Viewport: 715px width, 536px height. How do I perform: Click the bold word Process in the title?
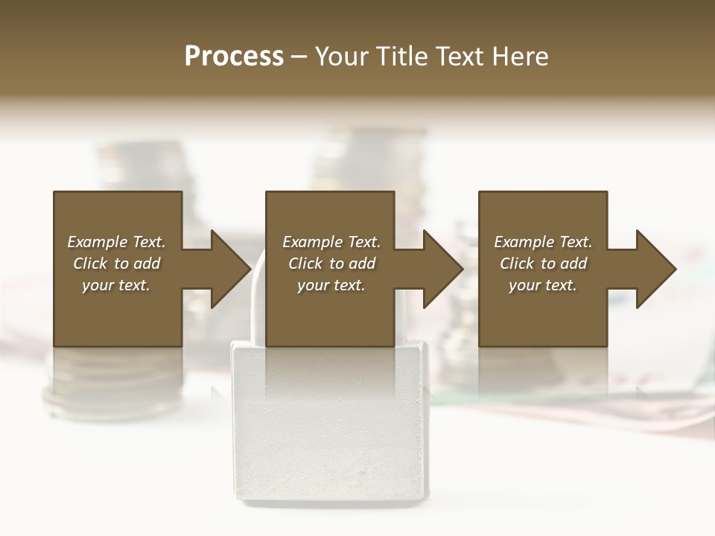(x=234, y=57)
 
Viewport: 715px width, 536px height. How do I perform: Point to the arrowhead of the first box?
(x=231, y=269)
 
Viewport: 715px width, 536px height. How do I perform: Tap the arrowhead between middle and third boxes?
(x=443, y=269)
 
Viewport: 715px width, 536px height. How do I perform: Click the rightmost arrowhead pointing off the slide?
(x=656, y=269)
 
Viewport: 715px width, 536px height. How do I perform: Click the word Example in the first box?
(x=97, y=242)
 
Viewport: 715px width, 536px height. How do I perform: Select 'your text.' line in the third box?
(x=542, y=285)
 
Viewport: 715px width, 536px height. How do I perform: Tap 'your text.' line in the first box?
(x=115, y=285)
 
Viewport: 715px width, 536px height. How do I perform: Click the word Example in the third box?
(x=524, y=242)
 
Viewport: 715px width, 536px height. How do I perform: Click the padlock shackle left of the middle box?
(x=255, y=298)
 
